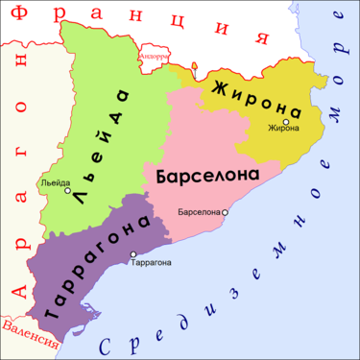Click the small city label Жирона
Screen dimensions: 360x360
284,128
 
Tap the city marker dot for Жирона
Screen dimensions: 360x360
286,120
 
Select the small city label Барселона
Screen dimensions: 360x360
200,211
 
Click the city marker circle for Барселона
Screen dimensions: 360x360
225,211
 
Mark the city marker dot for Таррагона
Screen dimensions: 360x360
132,253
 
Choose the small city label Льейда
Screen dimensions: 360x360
55,181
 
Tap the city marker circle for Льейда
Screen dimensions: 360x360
67,190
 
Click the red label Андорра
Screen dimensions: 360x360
155,57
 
